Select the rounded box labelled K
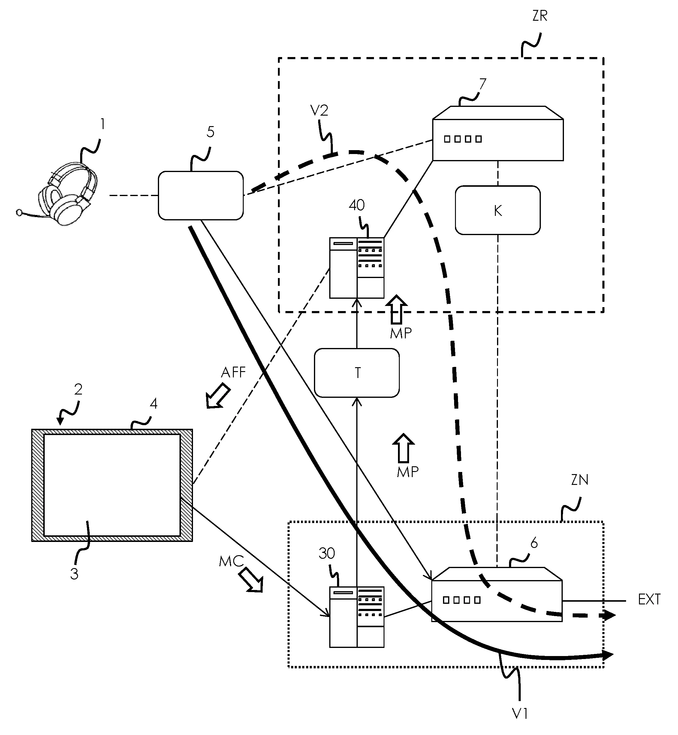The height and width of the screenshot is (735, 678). pos(498,210)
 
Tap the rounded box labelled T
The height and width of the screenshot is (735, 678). pos(357,373)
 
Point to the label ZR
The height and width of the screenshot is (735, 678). pos(540,16)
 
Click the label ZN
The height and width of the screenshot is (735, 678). pos(580,479)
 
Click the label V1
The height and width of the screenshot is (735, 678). pos(520,713)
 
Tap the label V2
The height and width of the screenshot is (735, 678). pos(319,110)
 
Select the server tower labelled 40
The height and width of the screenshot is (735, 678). pos(357,268)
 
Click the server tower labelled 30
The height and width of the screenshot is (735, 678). pos(357,617)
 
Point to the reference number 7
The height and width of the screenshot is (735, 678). pos(483,84)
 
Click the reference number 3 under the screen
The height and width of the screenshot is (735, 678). pos(74,574)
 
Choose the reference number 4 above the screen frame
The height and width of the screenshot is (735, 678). pos(153,404)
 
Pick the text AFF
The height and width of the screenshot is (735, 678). pos(233,372)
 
